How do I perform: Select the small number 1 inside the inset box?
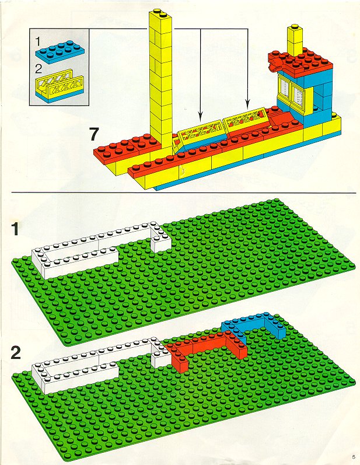click(39, 42)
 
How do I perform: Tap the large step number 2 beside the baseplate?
click(16, 352)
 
